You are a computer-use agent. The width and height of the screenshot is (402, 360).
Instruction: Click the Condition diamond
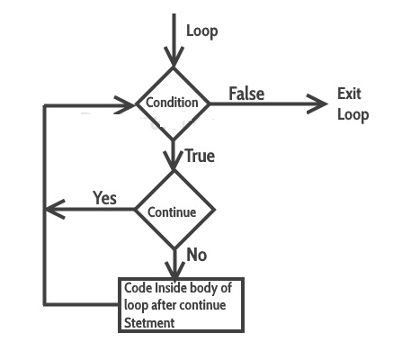tap(173, 103)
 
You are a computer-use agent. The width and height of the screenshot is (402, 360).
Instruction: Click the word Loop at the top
tap(201, 31)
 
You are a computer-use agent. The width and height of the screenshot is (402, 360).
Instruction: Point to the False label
tap(246, 94)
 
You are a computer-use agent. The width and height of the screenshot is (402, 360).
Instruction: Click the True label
tap(199, 156)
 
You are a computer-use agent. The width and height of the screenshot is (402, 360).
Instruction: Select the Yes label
tap(104, 198)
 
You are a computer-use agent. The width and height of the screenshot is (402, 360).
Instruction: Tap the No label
tap(196, 255)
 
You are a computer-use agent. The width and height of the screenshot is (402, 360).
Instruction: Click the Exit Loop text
tap(353, 103)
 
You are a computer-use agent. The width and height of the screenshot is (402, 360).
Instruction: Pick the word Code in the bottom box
tap(138, 290)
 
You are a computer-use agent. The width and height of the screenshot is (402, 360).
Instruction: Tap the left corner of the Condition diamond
tap(136, 103)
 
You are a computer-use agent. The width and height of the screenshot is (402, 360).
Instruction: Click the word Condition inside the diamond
tap(173, 103)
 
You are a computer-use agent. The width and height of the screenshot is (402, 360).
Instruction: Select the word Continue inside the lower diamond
tap(172, 212)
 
